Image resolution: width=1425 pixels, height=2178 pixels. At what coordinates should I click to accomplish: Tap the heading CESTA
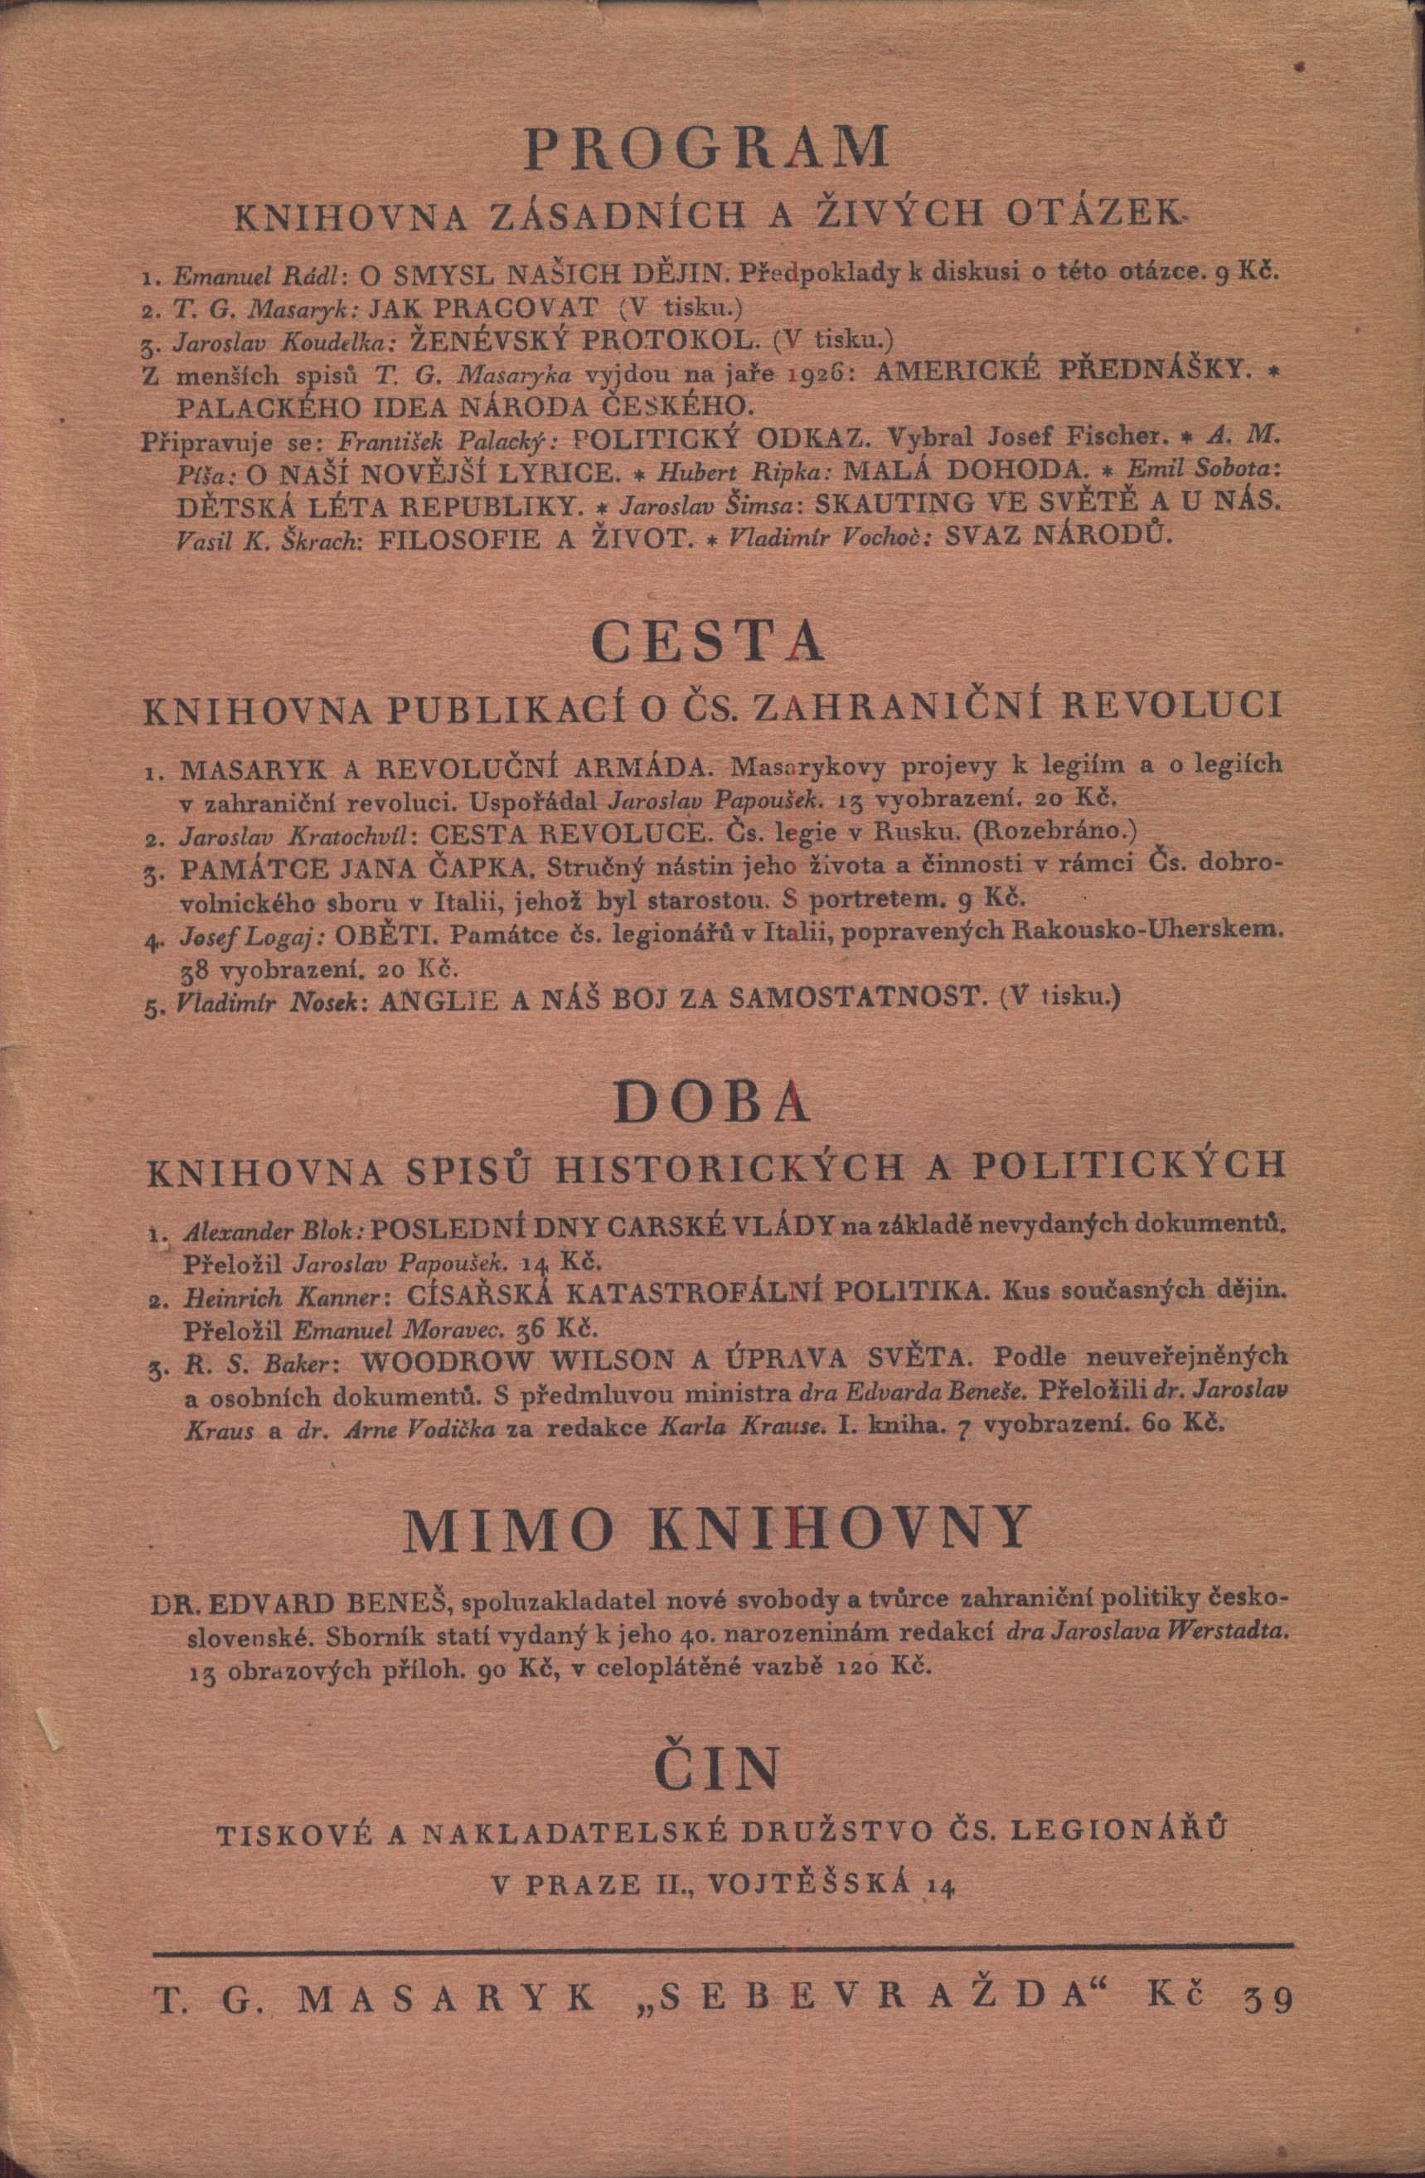tap(710, 642)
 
